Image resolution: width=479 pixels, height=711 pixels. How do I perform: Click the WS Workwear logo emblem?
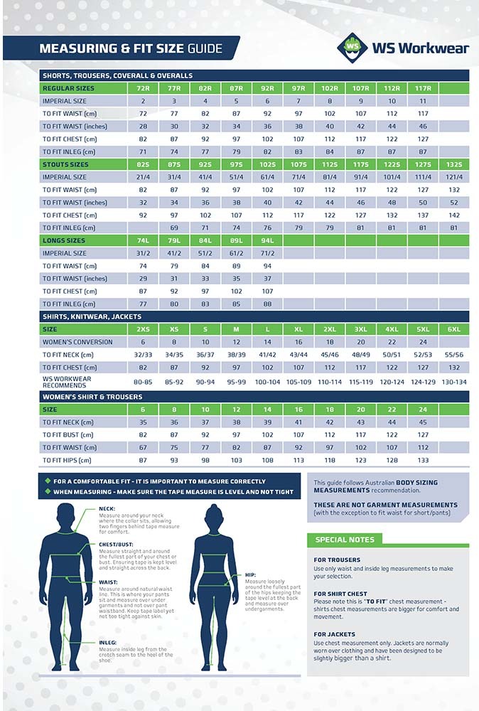coord(352,47)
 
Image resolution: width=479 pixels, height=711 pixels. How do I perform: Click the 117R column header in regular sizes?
coord(423,88)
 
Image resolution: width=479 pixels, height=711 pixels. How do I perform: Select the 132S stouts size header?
coord(454,164)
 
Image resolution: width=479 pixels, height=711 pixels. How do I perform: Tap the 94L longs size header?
coord(267,241)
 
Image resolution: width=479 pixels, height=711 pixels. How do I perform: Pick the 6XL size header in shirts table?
coord(454,330)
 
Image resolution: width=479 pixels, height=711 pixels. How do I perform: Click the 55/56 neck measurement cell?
coord(454,355)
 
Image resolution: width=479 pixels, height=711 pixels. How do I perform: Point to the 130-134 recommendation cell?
coord(454,382)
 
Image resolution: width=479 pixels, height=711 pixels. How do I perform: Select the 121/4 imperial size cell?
coord(454,177)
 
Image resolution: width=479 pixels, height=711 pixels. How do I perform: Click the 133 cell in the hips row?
coord(423,460)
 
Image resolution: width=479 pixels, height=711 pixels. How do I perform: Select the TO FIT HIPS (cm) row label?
coord(68,460)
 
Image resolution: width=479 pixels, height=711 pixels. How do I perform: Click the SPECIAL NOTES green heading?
coord(345,540)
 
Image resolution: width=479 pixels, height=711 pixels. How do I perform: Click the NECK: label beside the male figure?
coord(107,508)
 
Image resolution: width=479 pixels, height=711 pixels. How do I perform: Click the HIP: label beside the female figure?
coord(249,574)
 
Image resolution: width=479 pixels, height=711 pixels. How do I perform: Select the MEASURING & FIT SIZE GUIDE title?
coord(130,49)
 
